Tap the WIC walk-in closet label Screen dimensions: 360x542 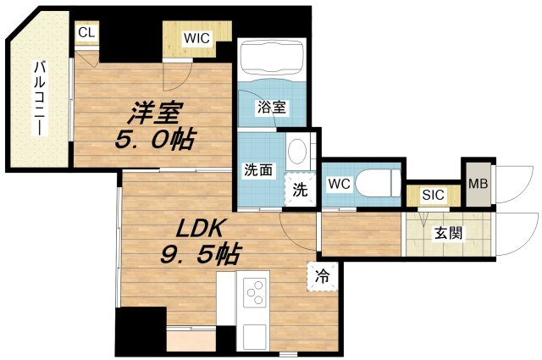[198, 38]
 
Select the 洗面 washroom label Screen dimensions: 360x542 [258, 169]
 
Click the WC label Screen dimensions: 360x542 [337, 183]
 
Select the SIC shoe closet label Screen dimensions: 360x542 [433, 195]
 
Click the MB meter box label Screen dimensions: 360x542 [476, 181]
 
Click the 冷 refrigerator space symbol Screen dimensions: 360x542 [322, 275]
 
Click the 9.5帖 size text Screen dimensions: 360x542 [201, 253]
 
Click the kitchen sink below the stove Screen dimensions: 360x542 [254, 335]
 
